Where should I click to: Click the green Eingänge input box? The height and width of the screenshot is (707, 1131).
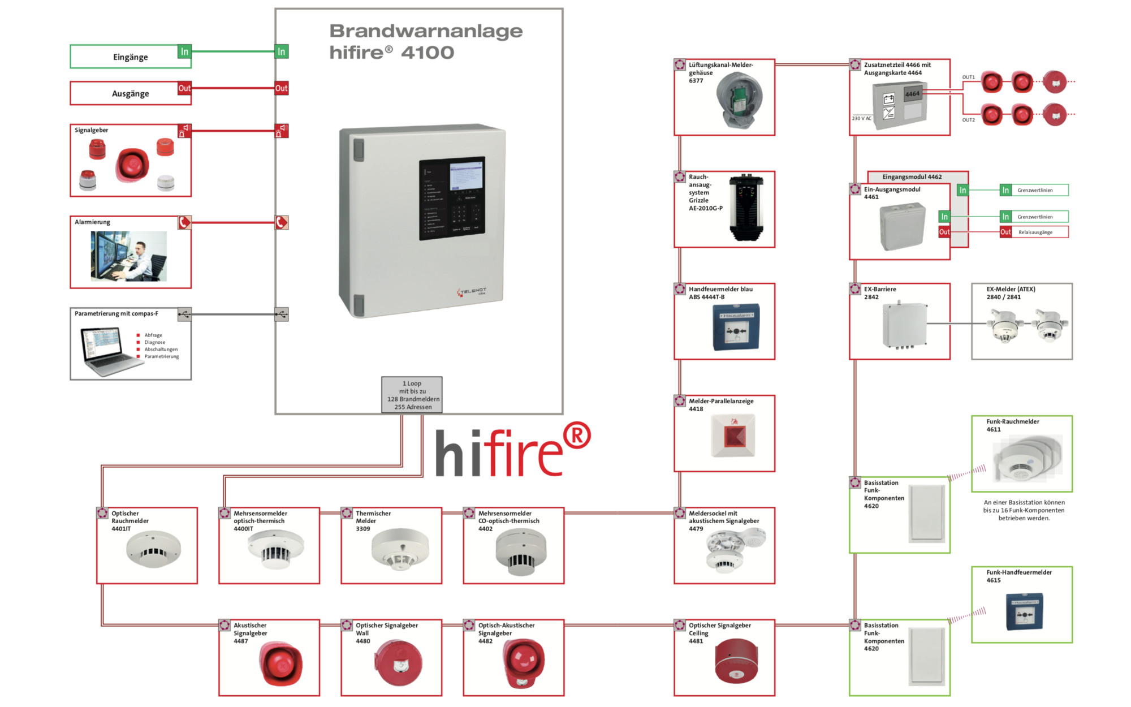click(x=130, y=57)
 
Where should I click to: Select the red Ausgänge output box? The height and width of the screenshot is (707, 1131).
click(x=130, y=93)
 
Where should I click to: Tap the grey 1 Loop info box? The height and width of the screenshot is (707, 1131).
click(x=412, y=395)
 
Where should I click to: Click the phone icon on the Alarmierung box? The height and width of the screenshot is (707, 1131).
click(x=184, y=222)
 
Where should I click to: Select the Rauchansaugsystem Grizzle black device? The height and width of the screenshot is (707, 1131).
click(x=746, y=208)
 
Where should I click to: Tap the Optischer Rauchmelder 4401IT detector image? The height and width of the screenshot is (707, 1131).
click(x=153, y=549)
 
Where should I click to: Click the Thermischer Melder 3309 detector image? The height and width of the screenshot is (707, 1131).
click(x=400, y=549)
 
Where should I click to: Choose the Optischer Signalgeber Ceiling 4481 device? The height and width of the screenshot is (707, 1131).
click(x=736, y=662)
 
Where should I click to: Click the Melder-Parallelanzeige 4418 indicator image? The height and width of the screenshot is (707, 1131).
click(x=733, y=436)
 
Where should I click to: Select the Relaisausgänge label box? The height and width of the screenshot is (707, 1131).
click(x=1035, y=232)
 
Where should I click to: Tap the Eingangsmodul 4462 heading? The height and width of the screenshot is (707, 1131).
click(x=912, y=176)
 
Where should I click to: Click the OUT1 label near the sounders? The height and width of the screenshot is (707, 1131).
click(x=968, y=77)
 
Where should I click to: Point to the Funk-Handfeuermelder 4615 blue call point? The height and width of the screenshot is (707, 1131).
click(x=1024, y=611)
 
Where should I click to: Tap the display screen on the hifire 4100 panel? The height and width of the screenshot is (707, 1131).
click(x=467, y=176)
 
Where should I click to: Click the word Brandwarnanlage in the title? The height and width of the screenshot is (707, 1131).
click(x=426, y=31)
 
